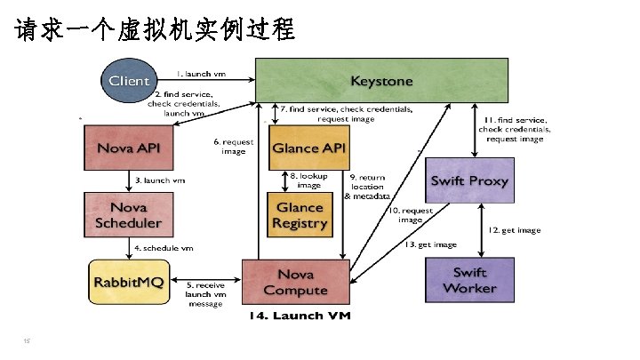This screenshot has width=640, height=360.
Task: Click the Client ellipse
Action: click(x=129, y=81)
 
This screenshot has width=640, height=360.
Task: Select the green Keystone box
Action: click(x=382, y=80)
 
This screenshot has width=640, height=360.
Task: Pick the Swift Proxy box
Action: click(x=469, y=180)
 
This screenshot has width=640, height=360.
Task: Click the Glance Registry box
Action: click(x=300, y=214)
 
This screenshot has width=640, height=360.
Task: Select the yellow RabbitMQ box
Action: click(x=129, y=281)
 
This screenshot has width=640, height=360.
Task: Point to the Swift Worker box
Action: click(x=469, y=279)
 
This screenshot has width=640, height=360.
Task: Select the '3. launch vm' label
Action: click(x=160, y=180)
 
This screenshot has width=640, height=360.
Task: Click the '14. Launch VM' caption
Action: click(x=300, y=316)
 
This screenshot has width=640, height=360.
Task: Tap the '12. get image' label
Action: click(x=516, y=230)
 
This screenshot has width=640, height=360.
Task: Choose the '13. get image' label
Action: click(x=430, y=244)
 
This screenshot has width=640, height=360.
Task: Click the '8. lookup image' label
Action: click(x=309, y=180)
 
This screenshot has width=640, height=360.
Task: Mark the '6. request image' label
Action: click(x=233, y=146)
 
